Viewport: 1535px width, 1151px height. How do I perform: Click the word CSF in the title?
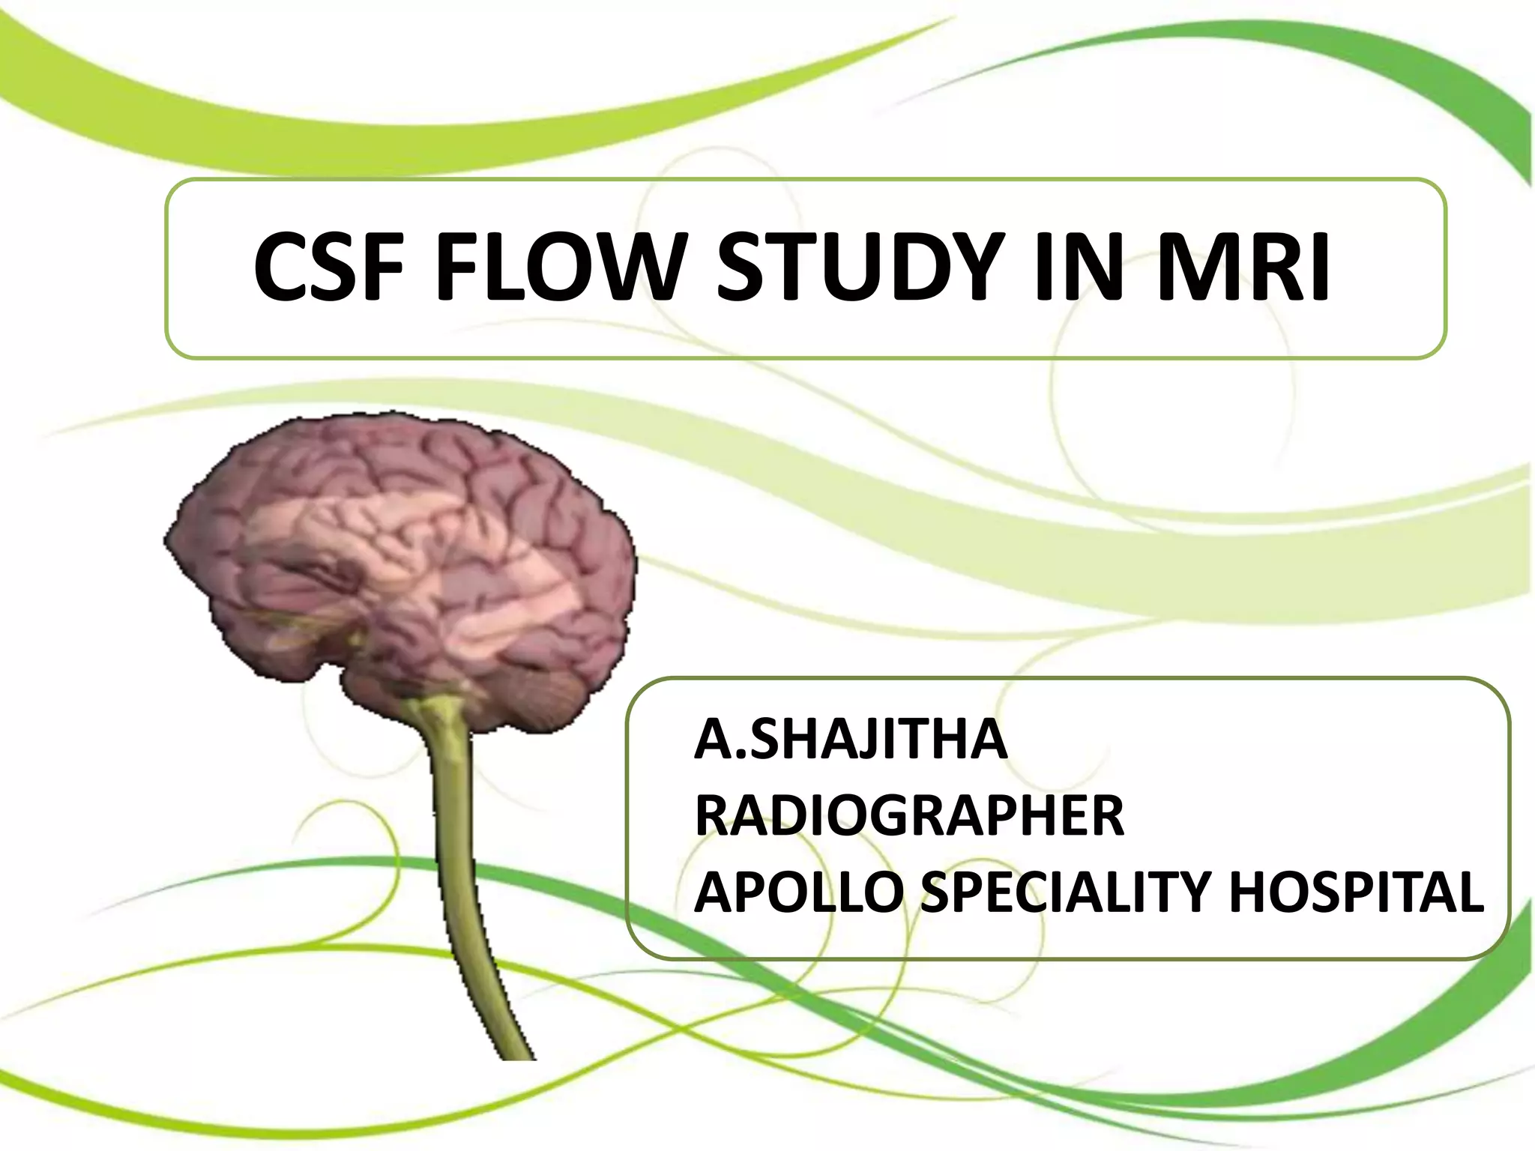click(x=331, y=268)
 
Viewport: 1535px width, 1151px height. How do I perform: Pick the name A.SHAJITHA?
click(x=850, y=740)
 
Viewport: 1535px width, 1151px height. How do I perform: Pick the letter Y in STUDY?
click(x=974, y=268)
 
